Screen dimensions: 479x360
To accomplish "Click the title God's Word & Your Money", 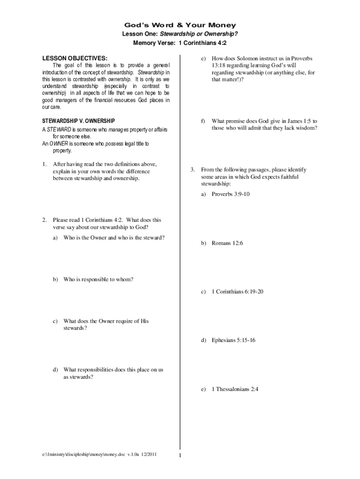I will tap(180, 25).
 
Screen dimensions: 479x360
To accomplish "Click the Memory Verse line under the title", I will tap(180, 43).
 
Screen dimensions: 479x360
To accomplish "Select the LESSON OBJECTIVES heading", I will tap(75, 58).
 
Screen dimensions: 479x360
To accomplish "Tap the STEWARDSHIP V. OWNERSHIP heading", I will tap(79, 121).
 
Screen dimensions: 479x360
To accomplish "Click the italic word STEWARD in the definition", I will tap(59, 130).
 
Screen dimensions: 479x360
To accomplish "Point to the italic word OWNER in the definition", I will tap(59, 144).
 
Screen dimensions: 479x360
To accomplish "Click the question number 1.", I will tap(43, 164).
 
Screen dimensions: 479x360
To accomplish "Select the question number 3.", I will tap(192, 170).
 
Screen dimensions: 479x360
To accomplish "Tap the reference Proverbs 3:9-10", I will tap(230, 194).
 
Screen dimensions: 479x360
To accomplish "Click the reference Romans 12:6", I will tap(227, 243).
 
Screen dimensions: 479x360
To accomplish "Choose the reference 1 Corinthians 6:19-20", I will tap(238, 292).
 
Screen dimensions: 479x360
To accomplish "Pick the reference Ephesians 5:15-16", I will tap(233, 340).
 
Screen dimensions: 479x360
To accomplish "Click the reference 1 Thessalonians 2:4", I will tap(235, 389).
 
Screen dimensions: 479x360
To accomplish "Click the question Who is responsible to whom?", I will tap(98, 279).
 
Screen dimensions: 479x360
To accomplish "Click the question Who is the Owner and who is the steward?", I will tap(114, 238).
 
